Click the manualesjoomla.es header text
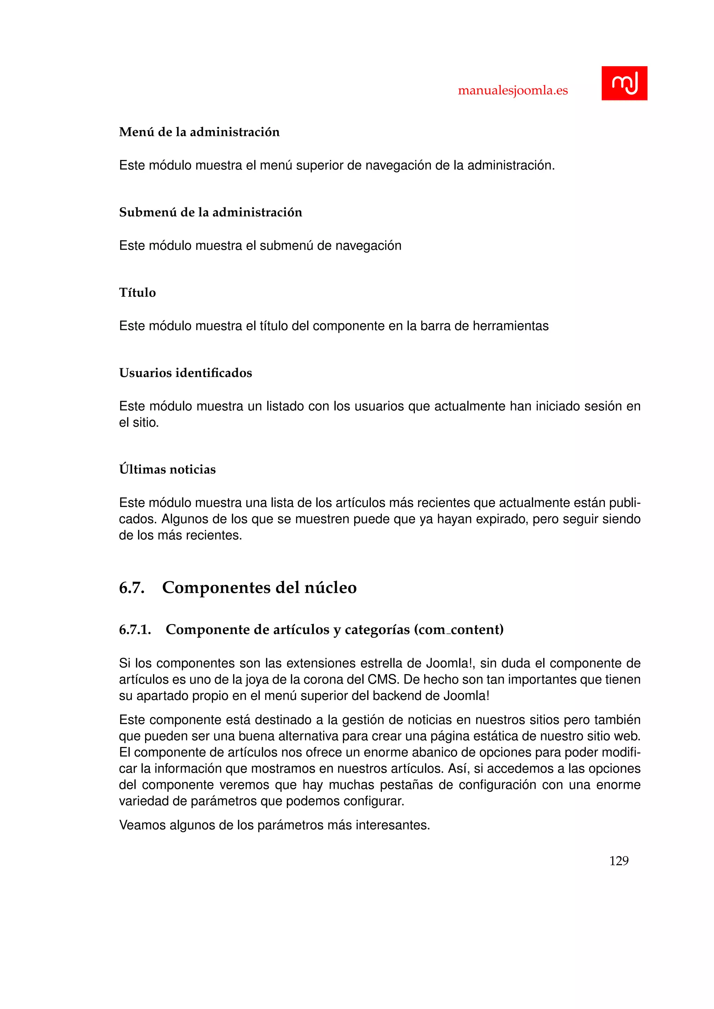(512, 91)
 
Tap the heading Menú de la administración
(199, 132)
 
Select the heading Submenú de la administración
(211, 212)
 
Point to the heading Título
(137, 293)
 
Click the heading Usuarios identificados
(185, 373)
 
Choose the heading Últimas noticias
(167, 469)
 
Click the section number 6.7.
(132, 587)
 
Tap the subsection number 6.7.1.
(135, 630)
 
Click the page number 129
(618, 861)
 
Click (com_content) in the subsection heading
(458, 630)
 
